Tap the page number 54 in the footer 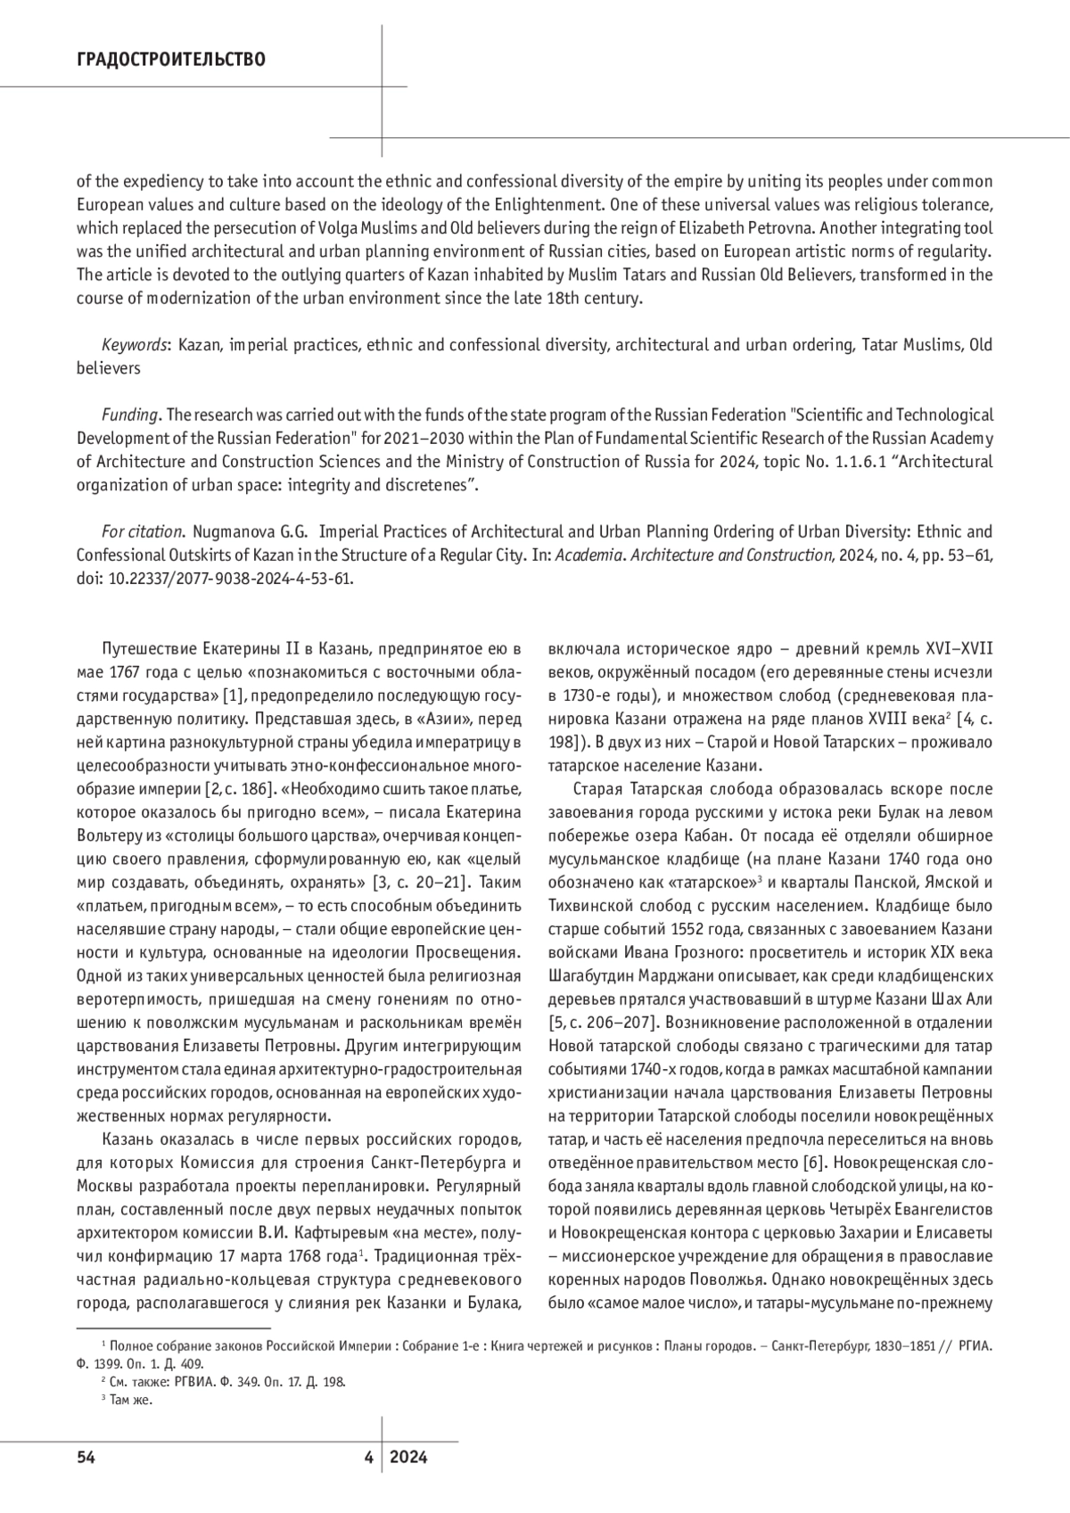point(86,1458)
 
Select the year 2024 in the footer point(408,1458)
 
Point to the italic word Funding point(130,415)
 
